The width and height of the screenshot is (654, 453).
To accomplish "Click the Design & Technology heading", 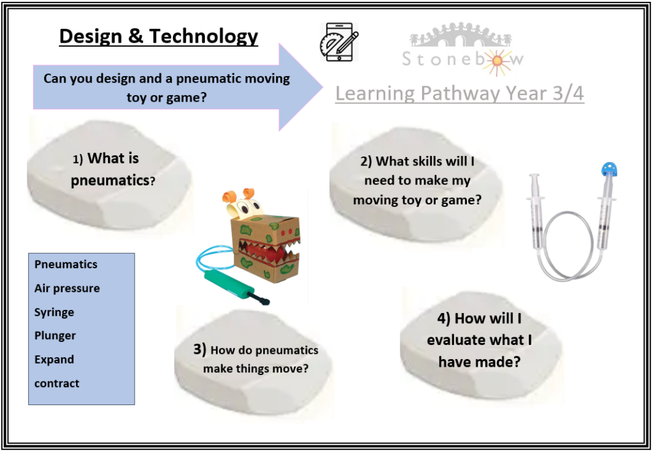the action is [x=158, y=36].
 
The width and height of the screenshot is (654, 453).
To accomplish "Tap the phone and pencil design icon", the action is [x=338, y=42].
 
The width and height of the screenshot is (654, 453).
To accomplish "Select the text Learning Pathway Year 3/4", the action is [x=460, y=93].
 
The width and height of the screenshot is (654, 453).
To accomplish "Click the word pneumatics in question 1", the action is [x=110, y=181].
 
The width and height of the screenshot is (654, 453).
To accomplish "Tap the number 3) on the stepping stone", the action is [x=200, y=349].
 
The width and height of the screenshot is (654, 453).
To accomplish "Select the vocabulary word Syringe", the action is [x=54, y=312].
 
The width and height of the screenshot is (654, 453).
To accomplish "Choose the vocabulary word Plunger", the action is [x=55, y=336].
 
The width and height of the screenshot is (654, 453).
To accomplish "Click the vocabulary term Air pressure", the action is [x=67, y=288].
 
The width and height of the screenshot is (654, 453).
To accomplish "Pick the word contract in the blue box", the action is [x=57, y=383].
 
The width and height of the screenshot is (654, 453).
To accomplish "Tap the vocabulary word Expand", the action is [x=54, y=360].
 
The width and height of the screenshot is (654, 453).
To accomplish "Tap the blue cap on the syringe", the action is [x=609, y=169].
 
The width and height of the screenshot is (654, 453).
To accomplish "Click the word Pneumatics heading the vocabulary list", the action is [x=66, y=265].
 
